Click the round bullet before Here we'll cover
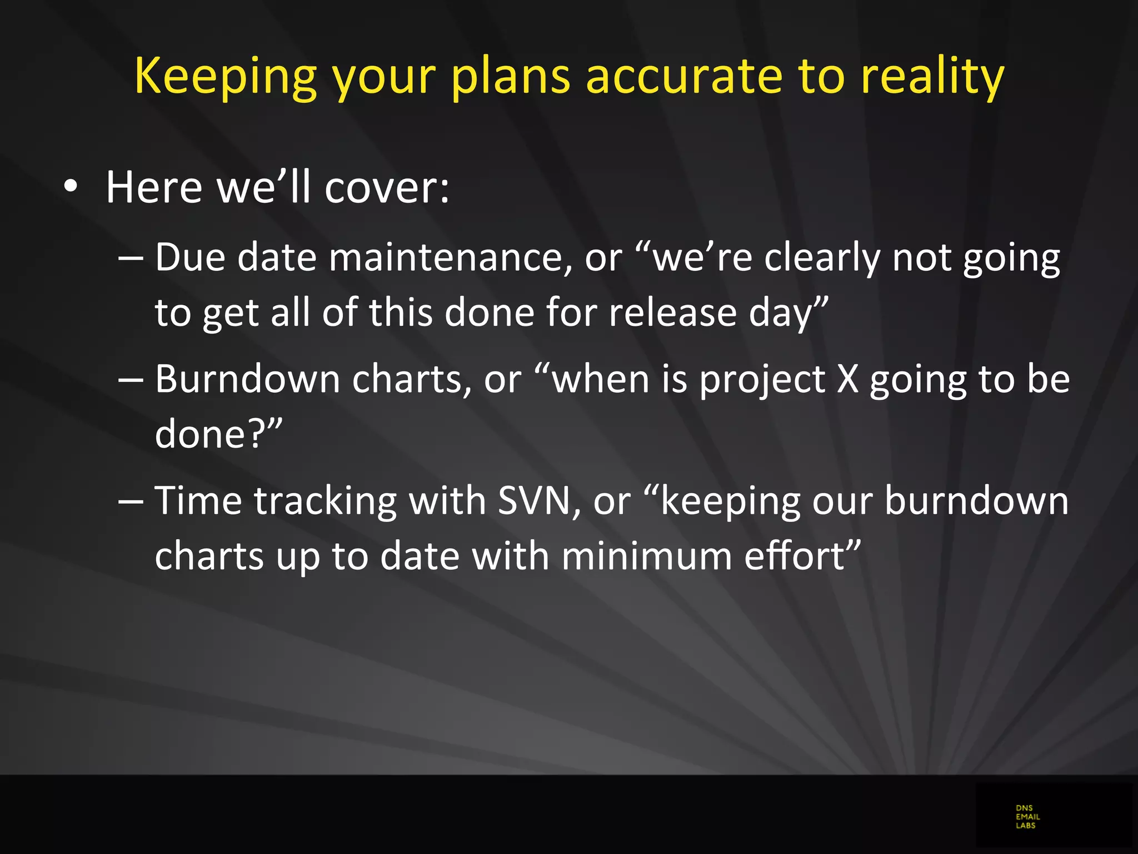click(x=70, y=187)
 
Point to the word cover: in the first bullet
click(x=387, y=187)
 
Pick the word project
click(x=762, y=379)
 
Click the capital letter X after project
click(x=847, y=379)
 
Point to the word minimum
click(x=646, y=555)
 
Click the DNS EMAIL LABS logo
click(x=1027, y=817)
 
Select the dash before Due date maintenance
click(x=131, y=259)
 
